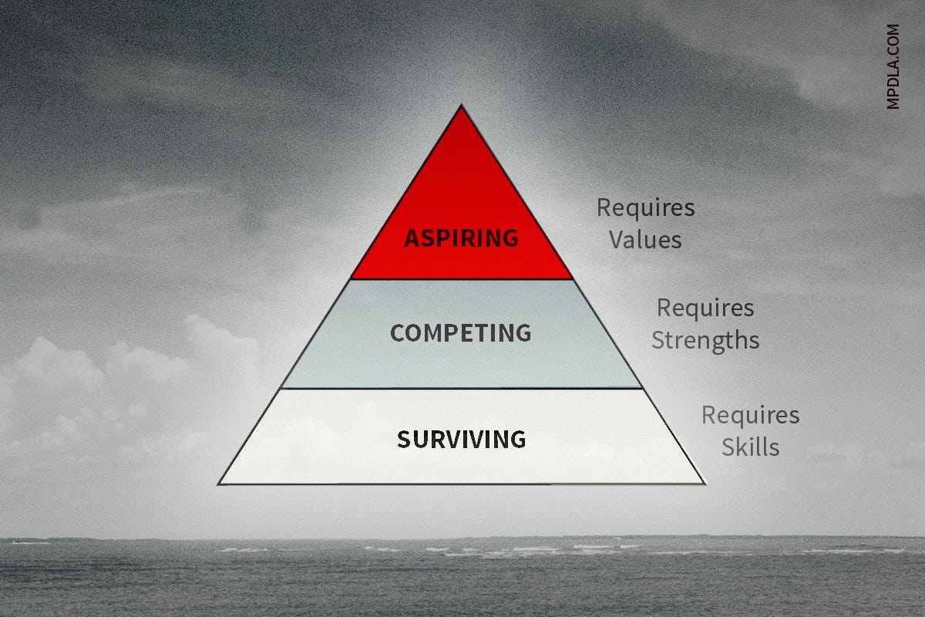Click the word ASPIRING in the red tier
[x=461, y=238]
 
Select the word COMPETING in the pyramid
[x=460, y=333]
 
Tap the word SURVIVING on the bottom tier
[x=461, y=440]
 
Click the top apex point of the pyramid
[x=461, y=106]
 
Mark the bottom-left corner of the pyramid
[x=219, y=484]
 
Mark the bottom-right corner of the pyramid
[x=703, y=484]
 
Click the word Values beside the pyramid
[x=645, y=240]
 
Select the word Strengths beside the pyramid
[x=705, y=340]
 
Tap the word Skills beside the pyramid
[x=750, y=447]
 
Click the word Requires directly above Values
[x=645, y=207]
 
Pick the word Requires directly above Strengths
[x=705, y=308]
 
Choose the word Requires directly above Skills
[x=750, y=416]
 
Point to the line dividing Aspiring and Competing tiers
[x=461, y=279]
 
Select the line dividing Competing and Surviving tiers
[x=461, y=389]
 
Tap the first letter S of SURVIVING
[x=403, y=440]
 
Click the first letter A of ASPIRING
[x=411, y=238]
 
